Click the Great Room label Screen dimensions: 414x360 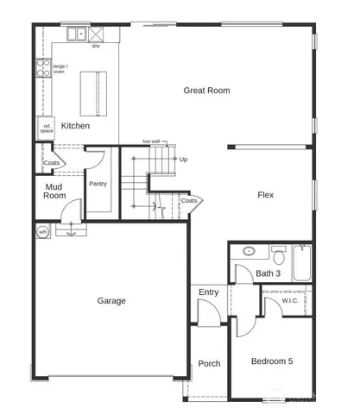point(206,90)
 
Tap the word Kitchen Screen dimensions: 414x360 point(75,126)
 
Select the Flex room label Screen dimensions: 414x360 point(265,195)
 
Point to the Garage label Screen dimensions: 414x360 point(111,301)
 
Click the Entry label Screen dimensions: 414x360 point(208,292)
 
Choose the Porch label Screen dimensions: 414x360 point(209,363)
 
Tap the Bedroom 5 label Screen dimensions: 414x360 point(272,361)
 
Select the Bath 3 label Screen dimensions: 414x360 point(268,273)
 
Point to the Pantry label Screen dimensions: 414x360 point(98,184)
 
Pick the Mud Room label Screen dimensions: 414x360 point(54,191)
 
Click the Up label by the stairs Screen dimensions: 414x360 point(183,160)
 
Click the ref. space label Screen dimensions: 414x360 point(47,129)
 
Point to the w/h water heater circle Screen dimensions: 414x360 point(42,232)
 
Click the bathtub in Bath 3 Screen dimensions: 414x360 point(301,262)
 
